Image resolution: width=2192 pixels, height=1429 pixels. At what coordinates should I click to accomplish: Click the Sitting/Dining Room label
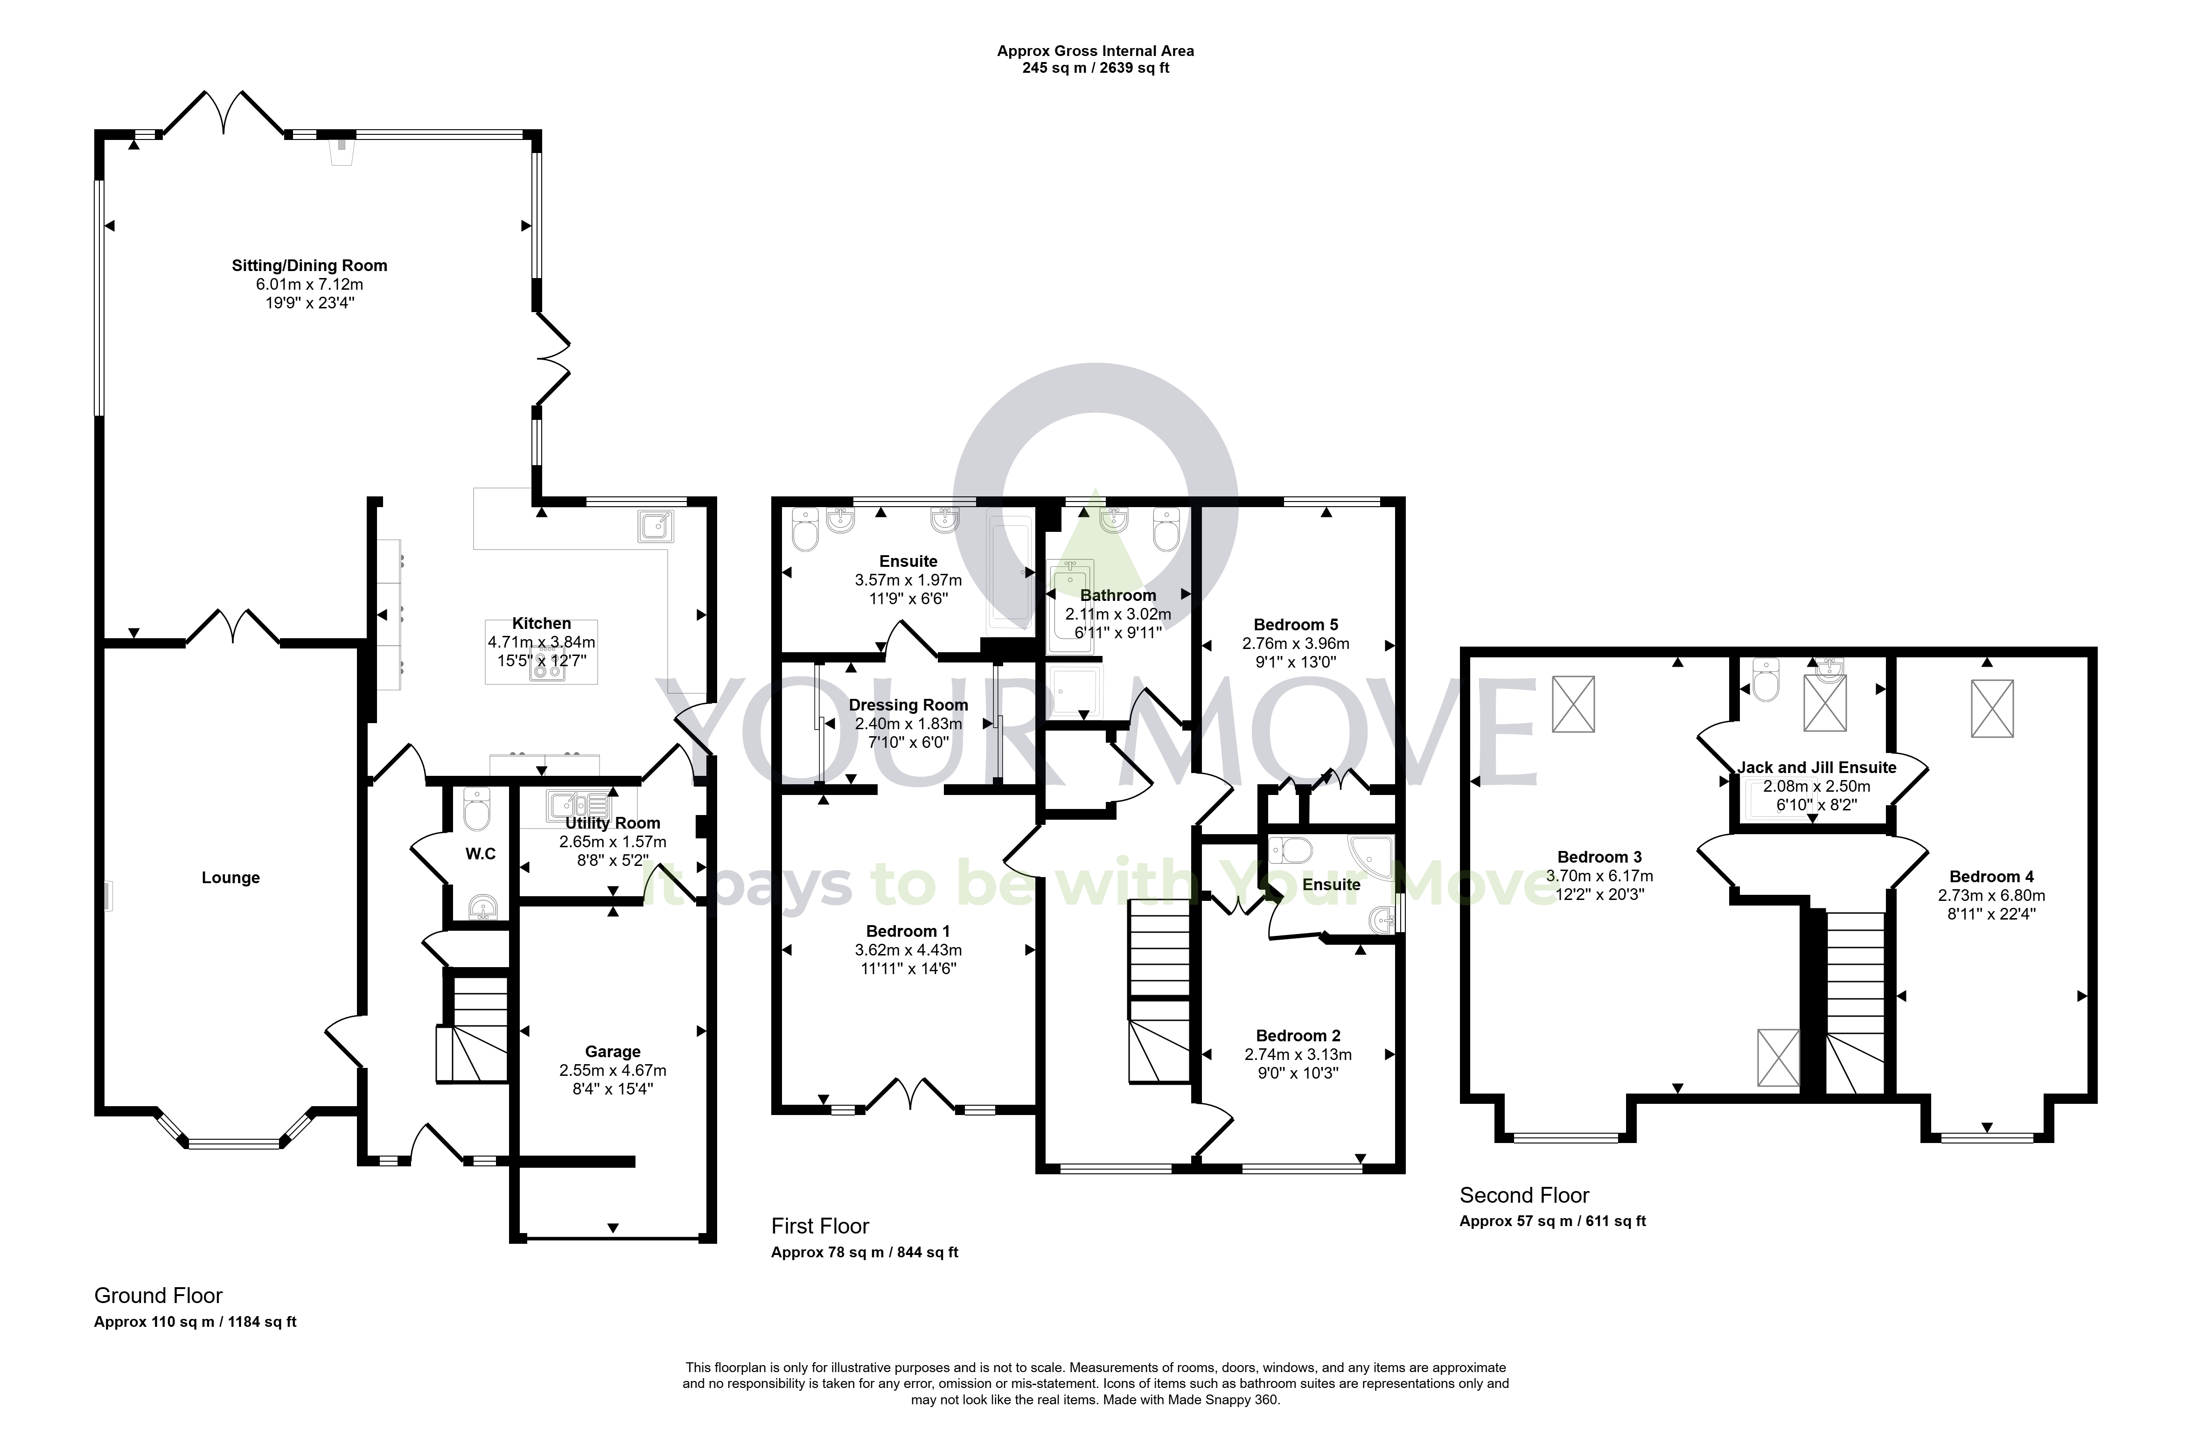pyautogui.click(x=309, y=265)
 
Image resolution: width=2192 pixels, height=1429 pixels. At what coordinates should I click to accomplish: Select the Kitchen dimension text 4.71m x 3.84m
pyautogui.click(x=542, y=642)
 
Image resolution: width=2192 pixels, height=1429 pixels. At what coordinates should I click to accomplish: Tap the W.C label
pyautogui.click(x=480, y=854)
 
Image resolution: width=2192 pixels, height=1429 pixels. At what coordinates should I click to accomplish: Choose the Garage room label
pyautogui.click(x=613, y=1052)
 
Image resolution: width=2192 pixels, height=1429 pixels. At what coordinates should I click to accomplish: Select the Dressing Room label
pyautogui.click(x=908, y=704)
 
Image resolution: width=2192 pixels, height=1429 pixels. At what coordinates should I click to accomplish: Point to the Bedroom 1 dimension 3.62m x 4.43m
pyautogui.click(x=908, y=949)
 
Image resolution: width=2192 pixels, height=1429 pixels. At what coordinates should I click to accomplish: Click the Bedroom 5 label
pyautogui.click(x=1296, y=624)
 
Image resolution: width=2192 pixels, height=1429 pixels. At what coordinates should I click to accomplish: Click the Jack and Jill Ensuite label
pyautogui.click(x=1817, y=767)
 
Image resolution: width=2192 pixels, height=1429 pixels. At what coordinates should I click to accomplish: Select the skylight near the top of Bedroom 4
pyautogui.click(x=1992, y=708)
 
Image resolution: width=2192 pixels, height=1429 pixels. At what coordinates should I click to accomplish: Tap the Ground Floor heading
pyautogui.click(x=159, y=1296)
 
